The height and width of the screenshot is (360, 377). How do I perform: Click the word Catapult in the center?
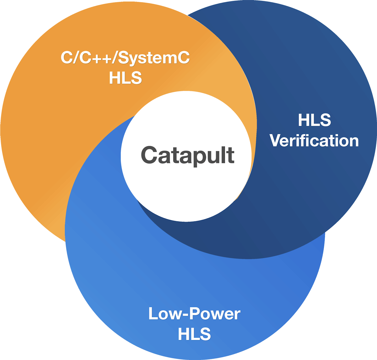[187, 155]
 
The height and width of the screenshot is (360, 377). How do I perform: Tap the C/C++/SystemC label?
[125, 58]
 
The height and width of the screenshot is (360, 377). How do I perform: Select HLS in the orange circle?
[125, 78]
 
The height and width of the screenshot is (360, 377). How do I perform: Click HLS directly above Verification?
[314, 120]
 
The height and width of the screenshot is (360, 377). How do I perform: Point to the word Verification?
[314, 141]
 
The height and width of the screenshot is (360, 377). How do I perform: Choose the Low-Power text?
[194, 314]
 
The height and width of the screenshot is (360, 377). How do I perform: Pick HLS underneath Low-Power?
[194, 334]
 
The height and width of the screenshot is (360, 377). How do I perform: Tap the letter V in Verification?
[276, 141]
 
